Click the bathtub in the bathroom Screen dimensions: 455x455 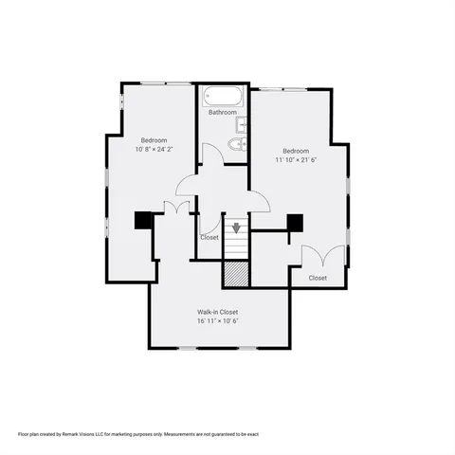[x=221, y=96]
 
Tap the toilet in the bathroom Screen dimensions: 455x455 [x=235, y=144]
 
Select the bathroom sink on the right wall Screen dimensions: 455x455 [x=244, y=123]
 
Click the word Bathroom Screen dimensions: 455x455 [x=223, y=113]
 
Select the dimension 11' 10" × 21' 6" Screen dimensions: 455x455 [x=296, y=160]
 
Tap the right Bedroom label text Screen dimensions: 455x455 [x=296, y=151]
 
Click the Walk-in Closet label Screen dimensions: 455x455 [x=217, y=312]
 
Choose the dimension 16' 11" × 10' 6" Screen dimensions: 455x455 [x=217, y=321]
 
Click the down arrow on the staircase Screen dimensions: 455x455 [x=236, y=227]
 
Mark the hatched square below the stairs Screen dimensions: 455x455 [x=236, y=273]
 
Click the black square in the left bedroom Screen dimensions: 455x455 [x=143, y=220]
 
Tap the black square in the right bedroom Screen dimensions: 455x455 [x=294, y=223]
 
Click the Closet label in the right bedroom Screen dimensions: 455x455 [x=318, y=278]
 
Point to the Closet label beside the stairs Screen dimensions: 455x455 [x=209, y=237]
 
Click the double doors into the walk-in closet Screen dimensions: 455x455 [x=175, y=208]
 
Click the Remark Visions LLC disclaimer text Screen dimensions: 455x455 [x=138, y=433]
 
